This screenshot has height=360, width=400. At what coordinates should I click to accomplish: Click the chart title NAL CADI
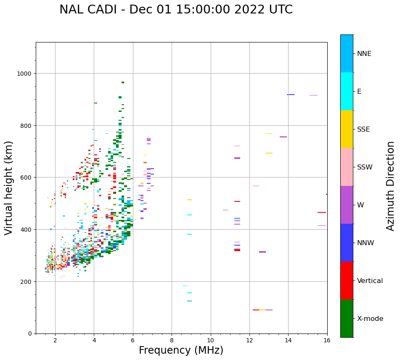pos(176,10)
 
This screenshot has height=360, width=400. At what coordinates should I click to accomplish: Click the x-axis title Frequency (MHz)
pos(181,350)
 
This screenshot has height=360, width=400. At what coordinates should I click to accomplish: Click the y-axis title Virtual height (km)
pos(9,188)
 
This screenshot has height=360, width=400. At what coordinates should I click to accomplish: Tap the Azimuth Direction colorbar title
pos(391,186)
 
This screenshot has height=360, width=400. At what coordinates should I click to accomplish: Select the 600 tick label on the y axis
pos(26,177)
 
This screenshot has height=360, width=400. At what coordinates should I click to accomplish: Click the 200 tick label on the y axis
pos(26,281)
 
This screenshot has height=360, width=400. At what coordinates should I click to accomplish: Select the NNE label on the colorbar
pos(364,53)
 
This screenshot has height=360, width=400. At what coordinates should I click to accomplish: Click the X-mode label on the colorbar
pos(370,319)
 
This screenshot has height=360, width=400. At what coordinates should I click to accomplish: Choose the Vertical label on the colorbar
pos(370,281)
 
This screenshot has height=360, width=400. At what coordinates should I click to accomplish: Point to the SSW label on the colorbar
pos(365,167)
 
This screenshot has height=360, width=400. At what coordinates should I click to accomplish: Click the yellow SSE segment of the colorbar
pos(347,129)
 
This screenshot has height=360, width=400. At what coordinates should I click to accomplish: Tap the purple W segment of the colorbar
pos(347,205)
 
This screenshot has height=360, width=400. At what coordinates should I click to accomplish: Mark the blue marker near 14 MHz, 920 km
pos(291,95)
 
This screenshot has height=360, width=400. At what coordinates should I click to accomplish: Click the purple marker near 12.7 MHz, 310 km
pos(262,252)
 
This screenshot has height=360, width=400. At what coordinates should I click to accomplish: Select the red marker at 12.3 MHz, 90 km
pos(256,310)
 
